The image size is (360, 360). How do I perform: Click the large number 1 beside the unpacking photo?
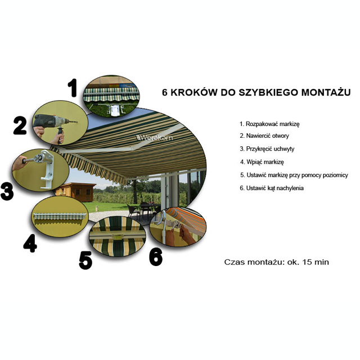[x=73, y=88]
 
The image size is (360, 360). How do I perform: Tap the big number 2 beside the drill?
[x=20, y=125]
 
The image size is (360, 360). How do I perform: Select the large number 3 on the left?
[x=7, y=191]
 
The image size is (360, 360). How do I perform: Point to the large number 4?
[x=30, y=243]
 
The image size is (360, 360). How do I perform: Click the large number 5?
[x=85, y=260]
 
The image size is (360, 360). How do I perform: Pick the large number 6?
[x=156, y=257]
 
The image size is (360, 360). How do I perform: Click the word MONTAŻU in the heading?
[x=326, y=92]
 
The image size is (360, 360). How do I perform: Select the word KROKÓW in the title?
[x=194, y=92]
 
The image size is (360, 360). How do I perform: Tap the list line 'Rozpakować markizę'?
[x=269, y=124]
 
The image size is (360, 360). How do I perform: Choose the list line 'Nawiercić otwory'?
[x=264, y=136]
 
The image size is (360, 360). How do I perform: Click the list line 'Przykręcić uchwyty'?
[x=267, y=148]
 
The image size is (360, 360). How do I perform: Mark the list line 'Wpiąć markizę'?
[x=262, y=162]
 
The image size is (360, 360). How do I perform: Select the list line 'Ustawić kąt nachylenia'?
[x=272, y=188]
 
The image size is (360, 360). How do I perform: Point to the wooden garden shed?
[x=75, y=192]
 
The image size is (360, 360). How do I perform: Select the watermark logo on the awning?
[x=154, y=137]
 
